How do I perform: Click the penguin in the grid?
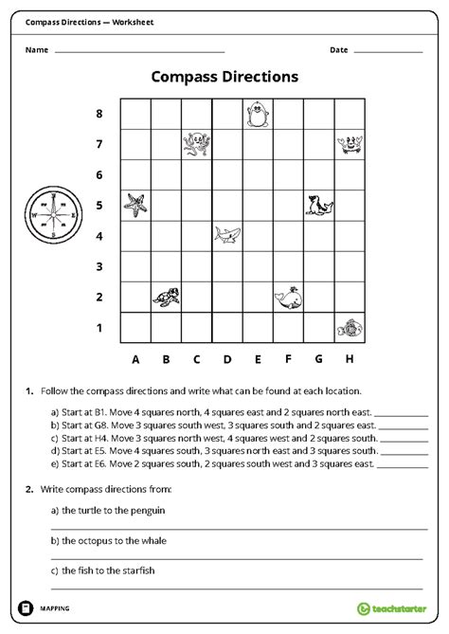click(x=258, y=115)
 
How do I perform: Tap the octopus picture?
click(x=197, y=144)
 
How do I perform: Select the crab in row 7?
click(x=348, y=144)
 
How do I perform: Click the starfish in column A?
click(x=136, y=205)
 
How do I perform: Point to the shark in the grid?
click(x=227, y=235)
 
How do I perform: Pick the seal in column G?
click(x=317, y=205)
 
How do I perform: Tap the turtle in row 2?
click(x=166, y=296)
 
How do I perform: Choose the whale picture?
click(x=288, y=298)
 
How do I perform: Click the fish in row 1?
click(x=348, y=328)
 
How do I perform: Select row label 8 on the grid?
click(x=99, y=115)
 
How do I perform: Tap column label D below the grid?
click(x=227, y=359)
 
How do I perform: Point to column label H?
click(x=349, y=359)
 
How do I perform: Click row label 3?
click(x=99, y=266)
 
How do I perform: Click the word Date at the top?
click(x=339, y=49)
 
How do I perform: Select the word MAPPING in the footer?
click(x=55, y=608)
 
